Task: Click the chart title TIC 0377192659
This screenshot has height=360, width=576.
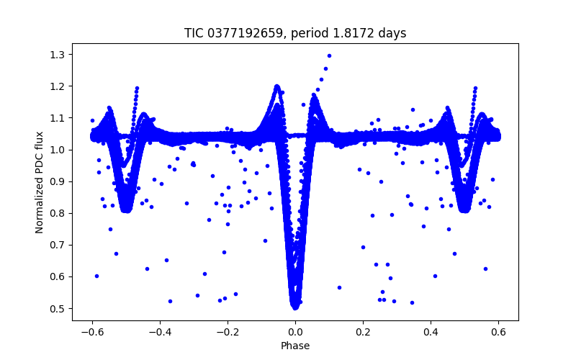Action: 295,33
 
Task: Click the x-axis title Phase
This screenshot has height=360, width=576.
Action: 295,346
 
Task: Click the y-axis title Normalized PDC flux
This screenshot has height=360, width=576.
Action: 40,181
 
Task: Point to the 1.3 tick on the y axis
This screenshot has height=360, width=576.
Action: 57,55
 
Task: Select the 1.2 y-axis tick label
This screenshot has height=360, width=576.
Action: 57,86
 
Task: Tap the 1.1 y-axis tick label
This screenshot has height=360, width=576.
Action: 57,118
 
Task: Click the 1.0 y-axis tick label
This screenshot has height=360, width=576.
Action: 57,150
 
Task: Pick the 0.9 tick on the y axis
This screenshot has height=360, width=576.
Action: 57,181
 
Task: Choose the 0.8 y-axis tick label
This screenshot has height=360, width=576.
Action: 57,213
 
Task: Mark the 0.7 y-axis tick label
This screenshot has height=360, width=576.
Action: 57,245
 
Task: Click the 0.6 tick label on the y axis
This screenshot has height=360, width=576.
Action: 57,276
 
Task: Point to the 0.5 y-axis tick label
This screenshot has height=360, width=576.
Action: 57,308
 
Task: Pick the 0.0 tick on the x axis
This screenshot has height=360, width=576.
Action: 295,333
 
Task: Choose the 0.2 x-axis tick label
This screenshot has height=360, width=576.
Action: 363,333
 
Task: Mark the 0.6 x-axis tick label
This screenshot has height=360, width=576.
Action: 498,333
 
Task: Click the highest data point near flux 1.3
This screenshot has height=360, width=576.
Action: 329,55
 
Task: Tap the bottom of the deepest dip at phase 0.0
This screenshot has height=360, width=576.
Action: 295,306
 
